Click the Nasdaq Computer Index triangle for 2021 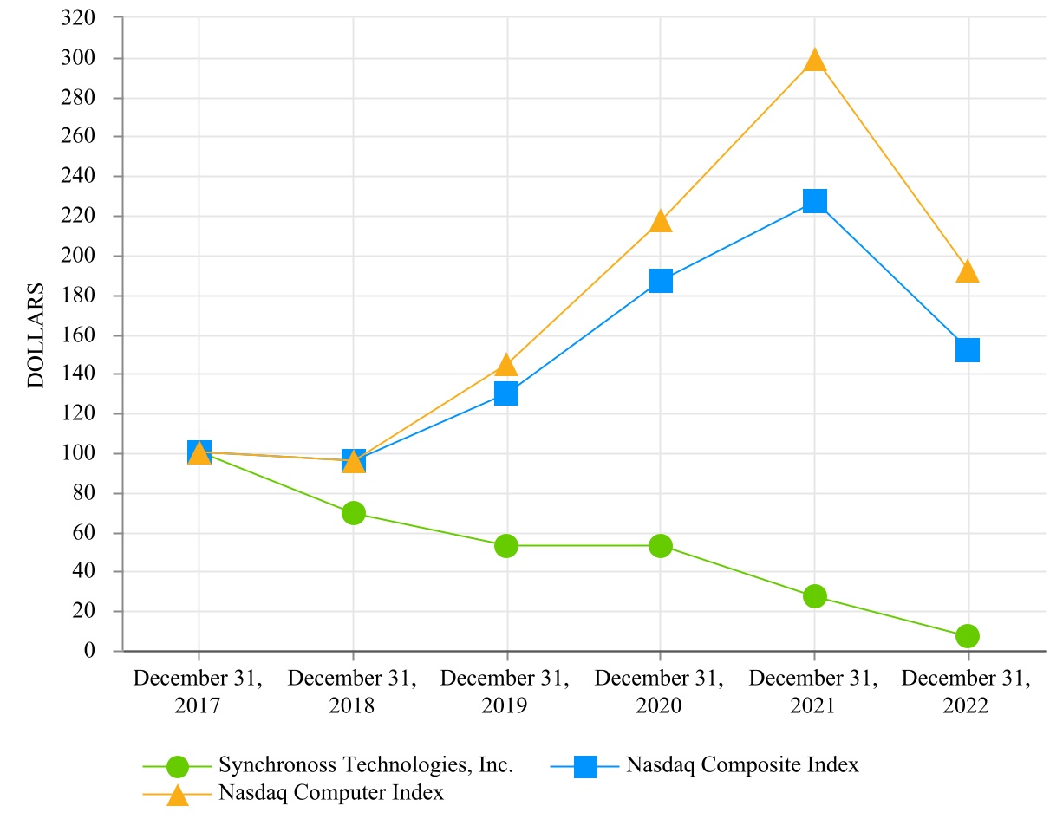[x=814, y=60]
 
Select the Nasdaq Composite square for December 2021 [x=814, y=201]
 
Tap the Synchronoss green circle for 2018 [x=353, y=513]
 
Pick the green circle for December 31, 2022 [x=968, y=636]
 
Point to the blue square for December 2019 [x=506, y=393]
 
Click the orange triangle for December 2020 [x=661, y=221]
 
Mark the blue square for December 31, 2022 [x=968, y=350]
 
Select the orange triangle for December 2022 [x=968, y=272]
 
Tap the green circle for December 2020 [x=661, y=546]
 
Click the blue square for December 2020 [x=661, y=281]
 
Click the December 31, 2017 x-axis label [x=199, y=692]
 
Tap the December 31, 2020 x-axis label [x=661, y=692]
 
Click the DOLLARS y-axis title [x=36, y=334]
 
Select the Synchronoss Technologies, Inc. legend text [x=367, y=765]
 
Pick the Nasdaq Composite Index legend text [x=743, y=765]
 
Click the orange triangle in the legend [x=178, y=794]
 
